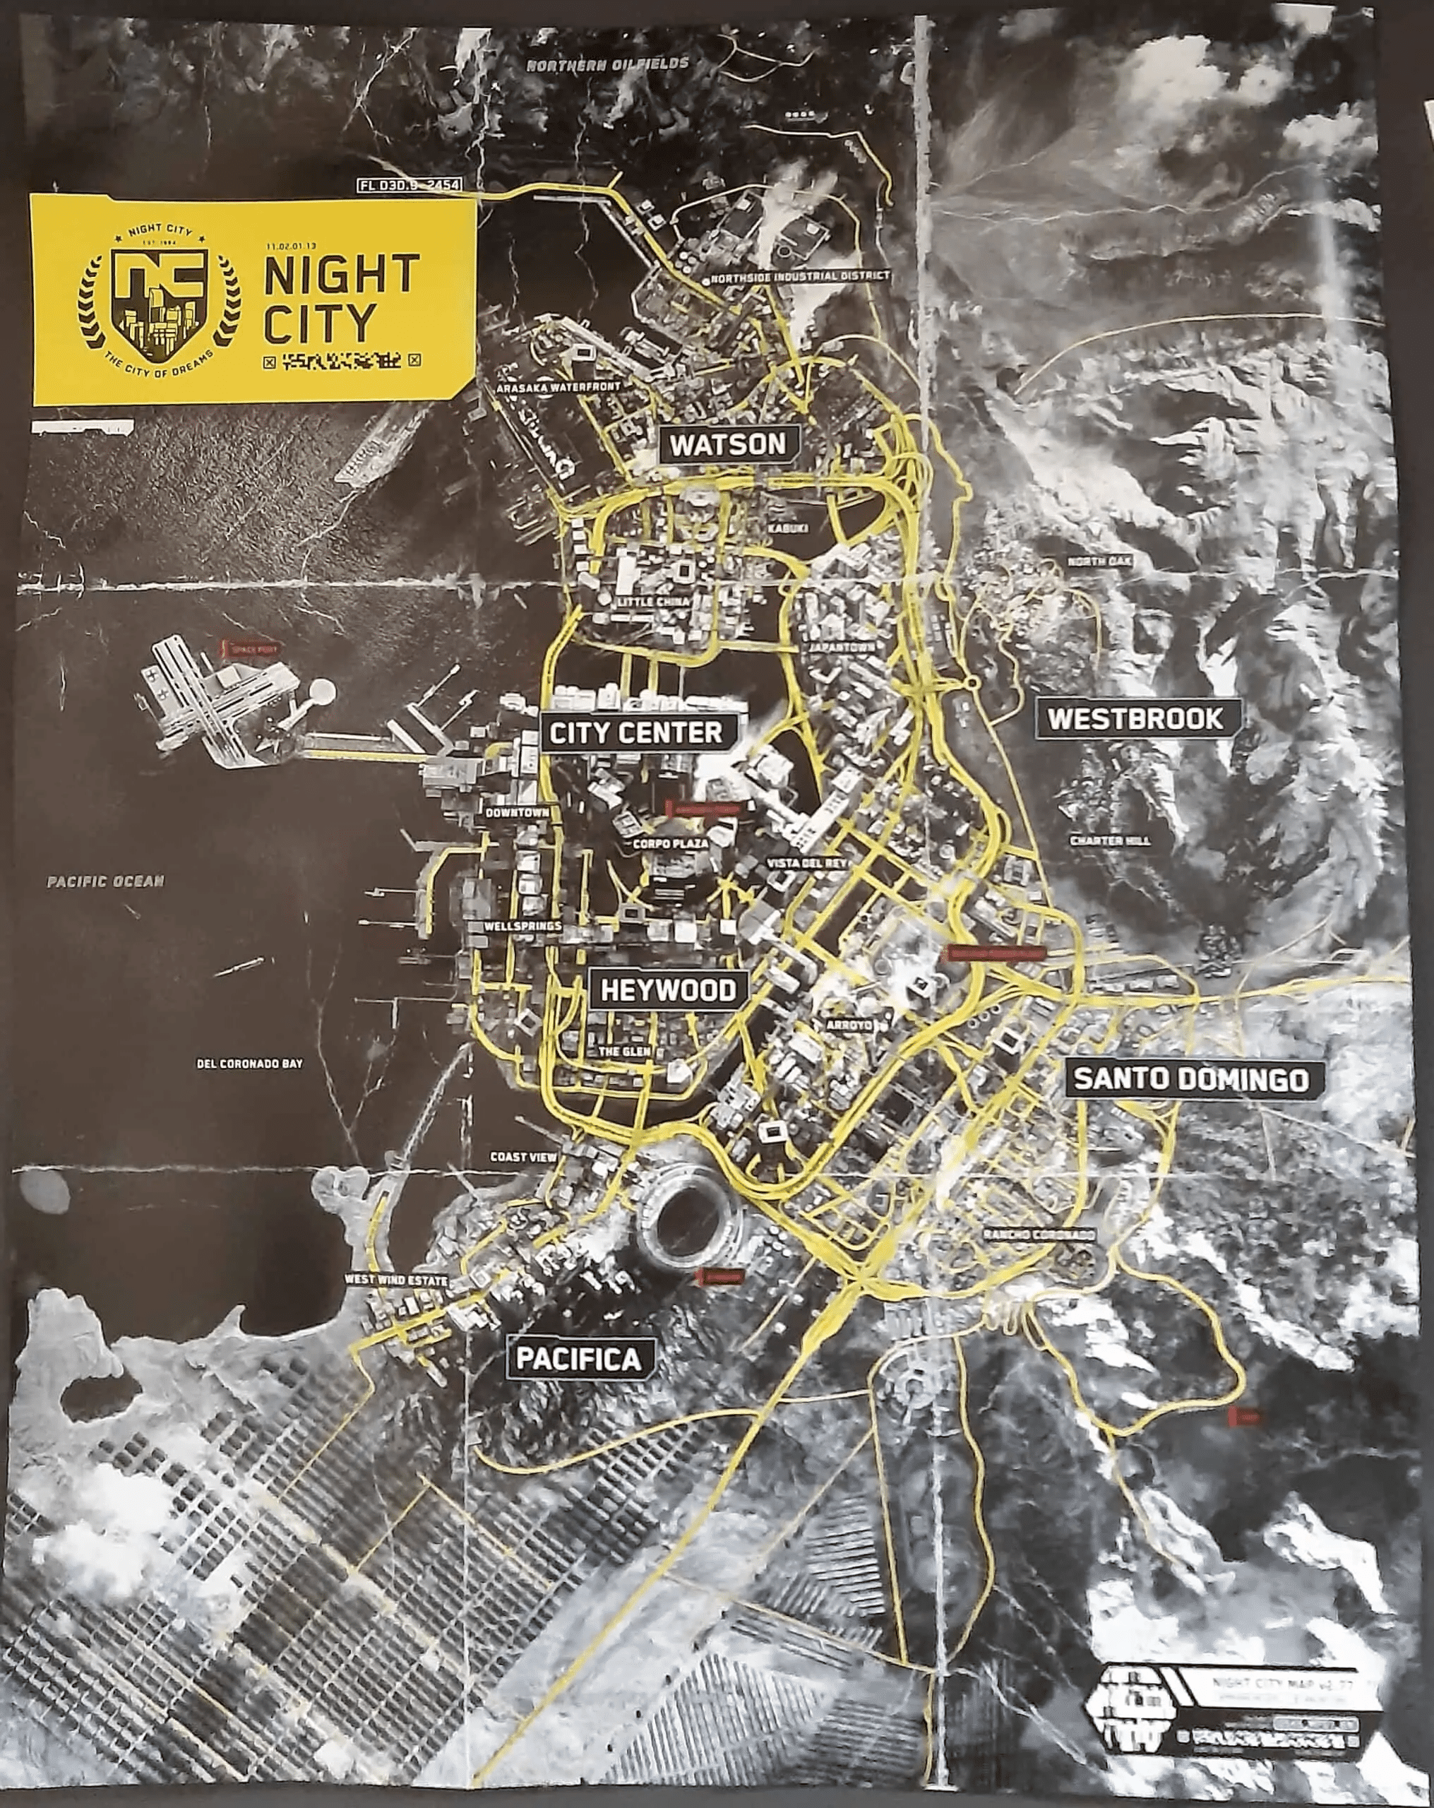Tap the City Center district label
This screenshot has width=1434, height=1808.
(x=635, y=733)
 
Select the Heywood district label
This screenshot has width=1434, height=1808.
(x=669, y=990)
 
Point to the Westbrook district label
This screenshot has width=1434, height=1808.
(x=1135, y=719)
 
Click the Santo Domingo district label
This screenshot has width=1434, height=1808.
(x=1191, y=1078)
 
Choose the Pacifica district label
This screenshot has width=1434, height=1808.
(x=578, y=1359)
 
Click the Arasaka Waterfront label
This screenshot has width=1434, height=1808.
(x=558, y=388)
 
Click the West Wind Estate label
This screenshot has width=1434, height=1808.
(x=396, y=1280)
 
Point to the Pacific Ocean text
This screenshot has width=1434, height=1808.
(x=106, y=881)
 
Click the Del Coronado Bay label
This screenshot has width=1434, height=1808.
(x=249, y=1064)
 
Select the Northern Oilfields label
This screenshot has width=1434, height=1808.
(x=607, y=64)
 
